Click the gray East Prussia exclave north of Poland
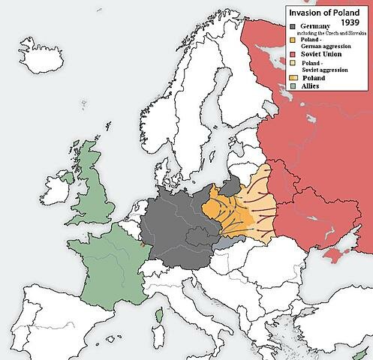[x=233, y=184]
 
